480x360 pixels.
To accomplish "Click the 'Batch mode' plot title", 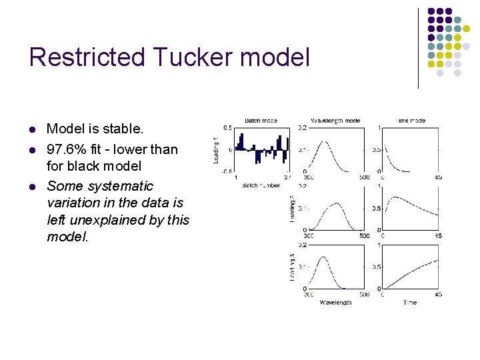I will (261, 121).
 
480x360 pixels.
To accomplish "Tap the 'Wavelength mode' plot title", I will (335, 121).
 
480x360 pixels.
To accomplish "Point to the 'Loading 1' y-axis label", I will (215, 149).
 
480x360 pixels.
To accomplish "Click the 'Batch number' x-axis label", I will (261, 185).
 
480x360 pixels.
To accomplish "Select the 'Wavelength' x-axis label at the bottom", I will (335, 302).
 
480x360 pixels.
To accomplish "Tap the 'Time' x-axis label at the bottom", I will (410, 302).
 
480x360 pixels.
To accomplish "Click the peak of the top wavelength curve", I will (323, 141).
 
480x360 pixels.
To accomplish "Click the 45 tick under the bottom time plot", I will (438, 295).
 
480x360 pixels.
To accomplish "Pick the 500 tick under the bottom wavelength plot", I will (364, 295).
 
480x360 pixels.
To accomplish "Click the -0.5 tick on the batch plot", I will (227, 172).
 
